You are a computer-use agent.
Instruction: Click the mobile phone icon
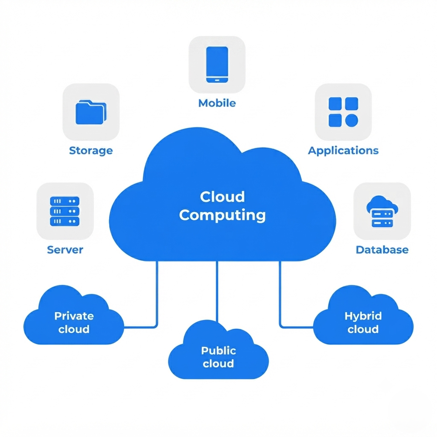217,65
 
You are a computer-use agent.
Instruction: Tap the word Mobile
217,103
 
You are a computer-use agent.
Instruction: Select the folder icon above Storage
91,112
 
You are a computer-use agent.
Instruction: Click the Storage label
91,151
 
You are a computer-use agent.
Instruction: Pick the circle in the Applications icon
352,120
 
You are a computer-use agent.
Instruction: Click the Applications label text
343,151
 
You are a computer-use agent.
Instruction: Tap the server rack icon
65,211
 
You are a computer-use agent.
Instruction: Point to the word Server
65,250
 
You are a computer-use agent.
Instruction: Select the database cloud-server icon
382,211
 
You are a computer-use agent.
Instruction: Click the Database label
382,250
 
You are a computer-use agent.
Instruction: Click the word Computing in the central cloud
223,215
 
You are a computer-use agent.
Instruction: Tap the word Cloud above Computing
223,197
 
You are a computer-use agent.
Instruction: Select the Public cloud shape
218,351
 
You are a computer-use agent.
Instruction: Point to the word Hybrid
363,316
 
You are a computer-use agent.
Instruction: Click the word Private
74,316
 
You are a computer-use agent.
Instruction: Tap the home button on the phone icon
217,80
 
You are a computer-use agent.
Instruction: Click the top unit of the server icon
65,201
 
